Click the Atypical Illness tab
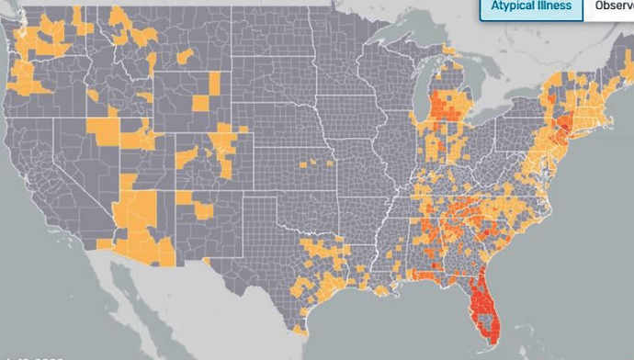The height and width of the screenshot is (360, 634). tap(530, 7)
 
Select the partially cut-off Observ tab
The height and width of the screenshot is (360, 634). tap(613, 7)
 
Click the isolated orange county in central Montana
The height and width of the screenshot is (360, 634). tap(185, 55)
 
